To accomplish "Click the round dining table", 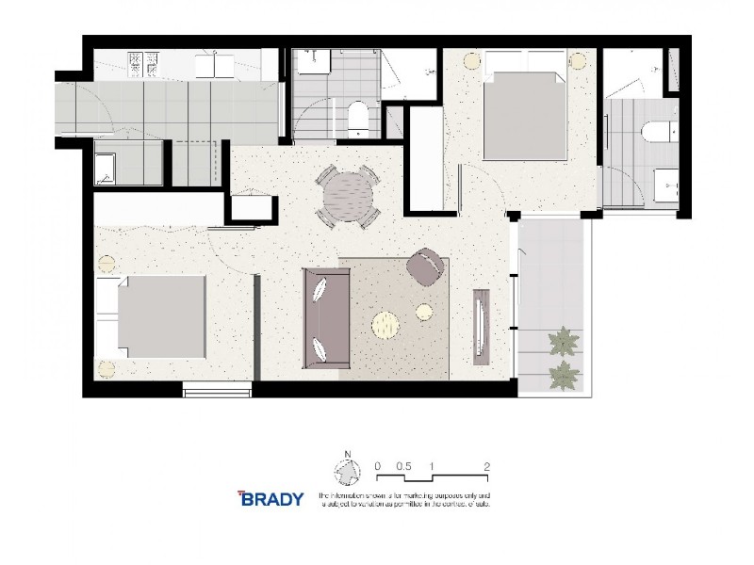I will click(x=348, y=195).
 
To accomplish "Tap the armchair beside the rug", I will click(x=428, y=267).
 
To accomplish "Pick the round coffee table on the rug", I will click(x=386, y=325).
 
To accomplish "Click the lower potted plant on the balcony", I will click(x=565, y=374).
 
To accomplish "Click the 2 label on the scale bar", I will click(x=486, y=466).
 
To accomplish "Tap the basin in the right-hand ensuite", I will click(x=667, y=184).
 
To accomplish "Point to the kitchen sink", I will click(x=215, y=65).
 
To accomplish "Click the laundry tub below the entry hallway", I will click(x=105, y=169).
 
